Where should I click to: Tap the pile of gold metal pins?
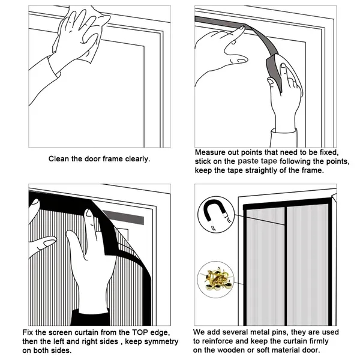(216, 280)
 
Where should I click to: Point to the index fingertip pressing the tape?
(242, 28)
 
